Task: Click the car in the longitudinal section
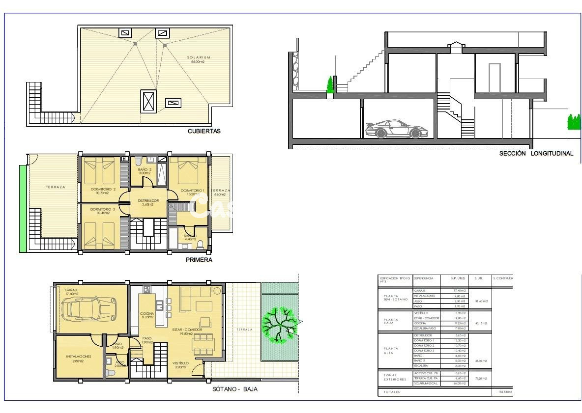(x=397, y=129)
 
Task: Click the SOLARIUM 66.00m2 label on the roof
(x=198, y=60)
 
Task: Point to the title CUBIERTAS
(x=204, y=131)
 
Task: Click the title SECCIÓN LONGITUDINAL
(x=536, y=153)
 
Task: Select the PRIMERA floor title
(x=199, y=260)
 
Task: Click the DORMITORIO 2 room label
(x=103, y=191)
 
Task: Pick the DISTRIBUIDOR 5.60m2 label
(x=148, y=202)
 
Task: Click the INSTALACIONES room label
(x=79, y=358)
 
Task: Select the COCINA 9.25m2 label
(x=147, y=315)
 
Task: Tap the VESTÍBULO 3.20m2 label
(x=180, y=365)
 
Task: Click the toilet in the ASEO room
(x=110, y=373)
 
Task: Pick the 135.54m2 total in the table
(x=504, y=392)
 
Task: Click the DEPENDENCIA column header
(x=424, y=278)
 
